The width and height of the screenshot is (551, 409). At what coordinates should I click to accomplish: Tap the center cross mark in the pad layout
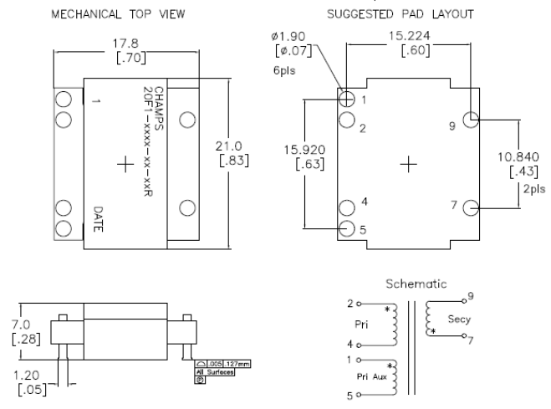pyautogui.click(x=409, y=164)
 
